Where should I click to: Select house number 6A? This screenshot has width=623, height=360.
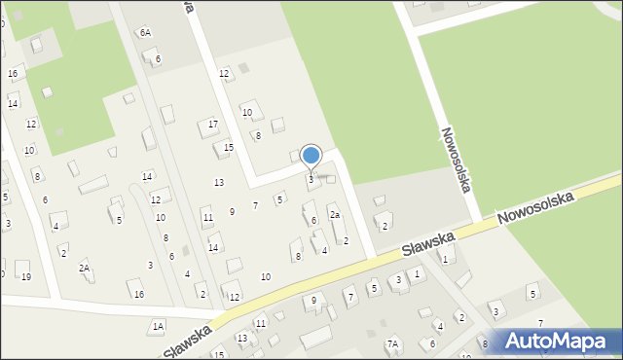tap(145, 32)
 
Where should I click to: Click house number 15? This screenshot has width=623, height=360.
tap(229, 147)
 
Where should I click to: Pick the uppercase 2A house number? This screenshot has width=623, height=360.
tap(85, 267)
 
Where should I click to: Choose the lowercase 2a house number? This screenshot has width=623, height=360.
tap(335, 214)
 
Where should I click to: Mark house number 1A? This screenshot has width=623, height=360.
tap(158, 326)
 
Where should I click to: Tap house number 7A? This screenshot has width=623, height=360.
tap(392, 343)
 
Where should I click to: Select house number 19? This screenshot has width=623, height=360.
tap(26, 276)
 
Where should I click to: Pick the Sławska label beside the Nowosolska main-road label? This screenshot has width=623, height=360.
tap(429, 244)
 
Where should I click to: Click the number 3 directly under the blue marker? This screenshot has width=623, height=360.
tap(311, 179)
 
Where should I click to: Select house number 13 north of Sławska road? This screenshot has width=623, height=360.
tap(219, 182)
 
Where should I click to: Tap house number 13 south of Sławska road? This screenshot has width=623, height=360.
tap(242, 338)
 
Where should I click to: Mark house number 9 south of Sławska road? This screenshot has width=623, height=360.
tap(313, 301)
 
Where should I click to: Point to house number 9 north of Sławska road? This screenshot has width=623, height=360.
tap(232, 211)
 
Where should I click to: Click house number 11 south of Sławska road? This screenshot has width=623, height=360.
tap(260, 322)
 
